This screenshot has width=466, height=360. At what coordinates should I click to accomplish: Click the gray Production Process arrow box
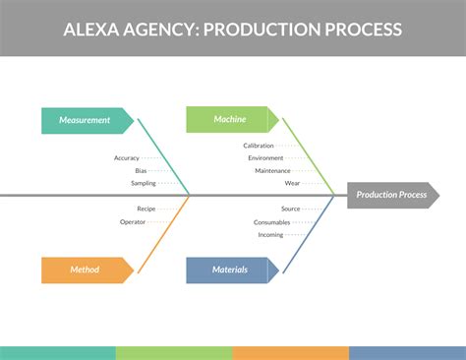pyautogui.click(x=391, y=195)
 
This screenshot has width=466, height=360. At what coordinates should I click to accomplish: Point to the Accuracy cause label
pyautogui.click(x=126, y=157)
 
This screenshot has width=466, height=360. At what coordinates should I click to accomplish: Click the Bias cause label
pyautogui.click(x=141, y=170)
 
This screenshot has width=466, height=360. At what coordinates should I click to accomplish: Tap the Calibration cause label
pyautogui.click(x=259, y=146)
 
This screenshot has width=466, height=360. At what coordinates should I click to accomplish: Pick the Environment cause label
pyautogui.click(x=265, y=157)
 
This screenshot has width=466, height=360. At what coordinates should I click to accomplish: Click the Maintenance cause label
pyautogui.click(x=272, y=170)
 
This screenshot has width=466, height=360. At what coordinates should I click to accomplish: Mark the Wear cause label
pyautogui.click(x=293, y=183)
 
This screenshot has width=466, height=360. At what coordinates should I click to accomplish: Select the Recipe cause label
pyautogui.click(x=146, y=209)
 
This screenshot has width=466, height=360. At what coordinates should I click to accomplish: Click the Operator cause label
pyautogui.click(x=133, y=221)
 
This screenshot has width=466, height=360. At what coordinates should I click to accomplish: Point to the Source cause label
pyautogui.click(x=290, y=209)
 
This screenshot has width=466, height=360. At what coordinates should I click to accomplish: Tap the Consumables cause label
pyautogui.click(x=271, y=221)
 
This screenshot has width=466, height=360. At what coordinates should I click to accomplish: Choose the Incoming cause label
pyautogui.click(x=270, y=234)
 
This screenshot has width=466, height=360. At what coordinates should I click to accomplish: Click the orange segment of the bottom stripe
pyautogui.click(x=290, y=352)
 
